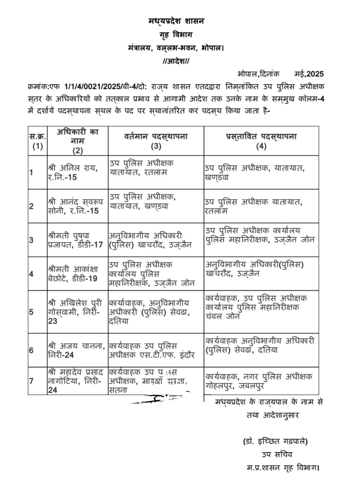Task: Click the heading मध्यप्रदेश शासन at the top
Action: pos(176,21)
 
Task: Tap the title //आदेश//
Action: pos(176,61)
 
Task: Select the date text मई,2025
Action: pos(309,74)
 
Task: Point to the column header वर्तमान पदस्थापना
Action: pos(156,141)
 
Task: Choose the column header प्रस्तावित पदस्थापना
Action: pos(261,141)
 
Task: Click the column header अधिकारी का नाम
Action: pos(78,141)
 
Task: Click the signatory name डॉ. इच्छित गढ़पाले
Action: pos(275,441)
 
